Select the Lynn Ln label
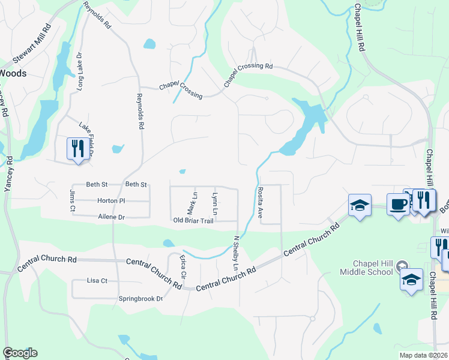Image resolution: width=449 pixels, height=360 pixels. [214, 204]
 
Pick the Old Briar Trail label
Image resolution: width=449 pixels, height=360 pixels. [193, 221]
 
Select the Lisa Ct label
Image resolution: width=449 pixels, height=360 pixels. [97, 280]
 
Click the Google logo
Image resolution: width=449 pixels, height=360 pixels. [20, 353]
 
